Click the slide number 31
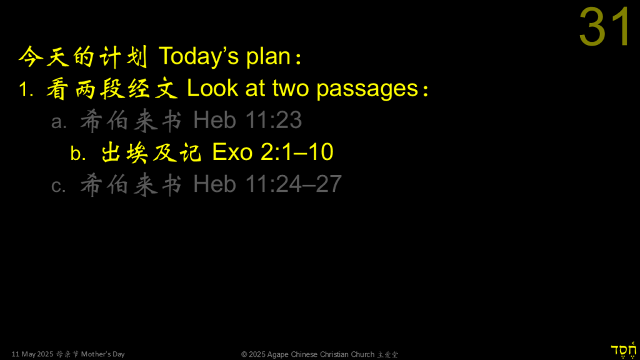[x=605, y=27]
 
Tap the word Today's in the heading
[x=199, y=56]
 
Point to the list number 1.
[x=25, y=89]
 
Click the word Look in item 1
[x=212, y=88]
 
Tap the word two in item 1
[x=291, y=89]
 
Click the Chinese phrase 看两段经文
[x=112, y=89]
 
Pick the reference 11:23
[x=274, y=120]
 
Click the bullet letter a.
[x=59, y=122]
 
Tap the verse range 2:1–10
[x=297, y=152]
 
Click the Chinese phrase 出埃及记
[x=151, y=152]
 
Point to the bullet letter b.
[x=78, y=153]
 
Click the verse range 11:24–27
[x=294, y=184]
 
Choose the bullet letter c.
[x=58, y=186]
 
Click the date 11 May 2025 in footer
[x=32, y=354]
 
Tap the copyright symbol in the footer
[x=244, y=354]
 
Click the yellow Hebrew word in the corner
[x=624, y=350]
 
